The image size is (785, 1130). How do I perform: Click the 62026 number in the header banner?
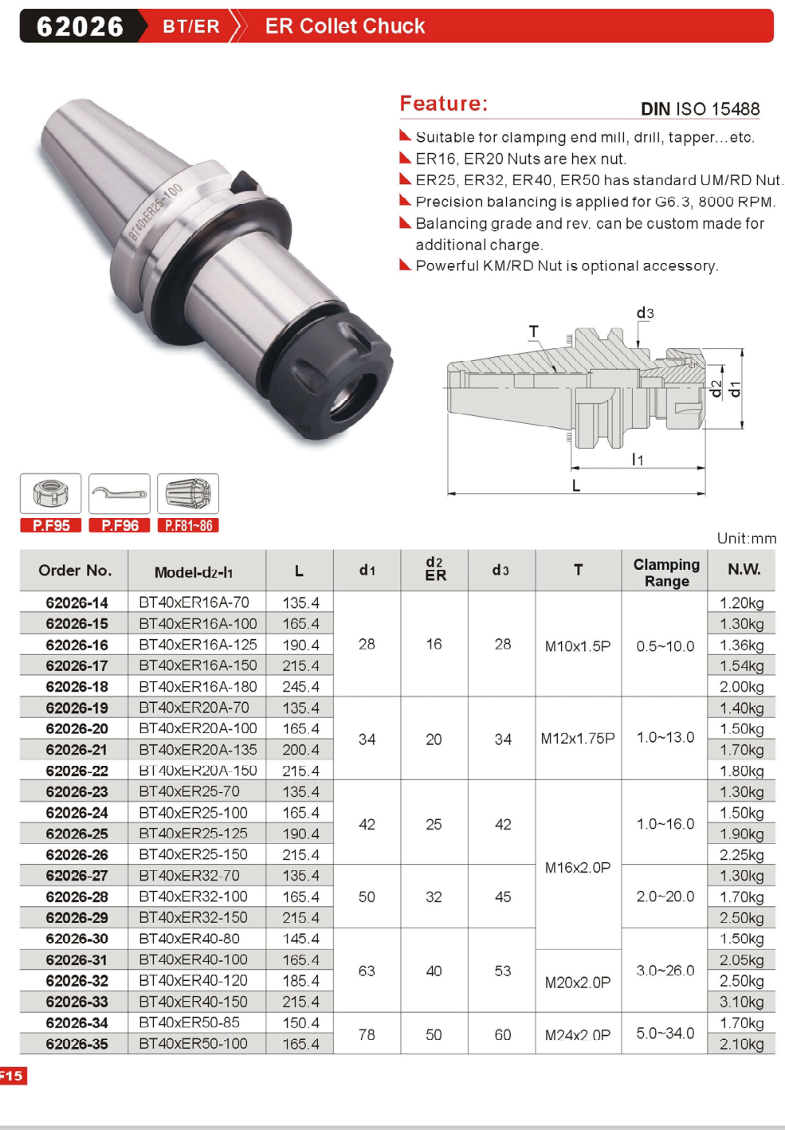80,26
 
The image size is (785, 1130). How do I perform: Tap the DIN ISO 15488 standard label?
700,109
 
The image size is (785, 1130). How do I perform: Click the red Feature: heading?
443,104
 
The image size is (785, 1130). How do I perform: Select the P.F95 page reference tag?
50,525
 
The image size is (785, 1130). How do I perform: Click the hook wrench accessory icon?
119,493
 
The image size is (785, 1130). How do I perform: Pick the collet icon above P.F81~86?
188,493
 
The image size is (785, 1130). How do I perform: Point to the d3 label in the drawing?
645,313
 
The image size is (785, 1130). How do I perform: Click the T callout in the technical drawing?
534,332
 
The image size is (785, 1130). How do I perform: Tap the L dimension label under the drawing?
576,485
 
